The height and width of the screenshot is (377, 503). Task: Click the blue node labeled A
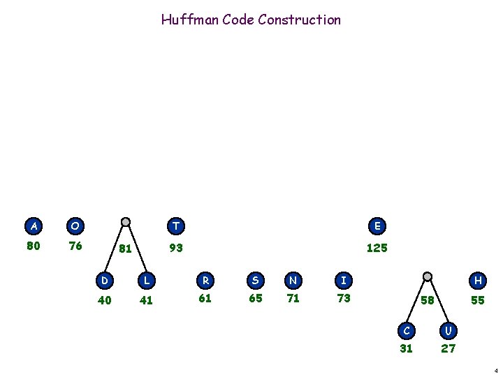33,226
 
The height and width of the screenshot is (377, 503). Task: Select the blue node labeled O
75,226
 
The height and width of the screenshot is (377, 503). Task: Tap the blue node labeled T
176,226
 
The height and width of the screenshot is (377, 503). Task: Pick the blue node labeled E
377,226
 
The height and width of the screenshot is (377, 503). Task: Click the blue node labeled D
103,281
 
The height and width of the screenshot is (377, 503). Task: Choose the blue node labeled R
204,281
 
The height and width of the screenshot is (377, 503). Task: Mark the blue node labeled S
255,281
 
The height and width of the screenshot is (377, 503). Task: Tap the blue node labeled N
293,281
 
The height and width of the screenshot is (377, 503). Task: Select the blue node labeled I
342,281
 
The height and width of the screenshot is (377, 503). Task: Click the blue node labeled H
478,281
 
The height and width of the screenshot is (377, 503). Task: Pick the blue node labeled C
406,328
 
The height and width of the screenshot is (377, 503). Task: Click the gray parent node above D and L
125,222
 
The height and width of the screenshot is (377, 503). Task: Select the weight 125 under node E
377,248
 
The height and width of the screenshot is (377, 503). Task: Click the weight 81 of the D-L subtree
126,248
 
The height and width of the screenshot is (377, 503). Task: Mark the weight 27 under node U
448,348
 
